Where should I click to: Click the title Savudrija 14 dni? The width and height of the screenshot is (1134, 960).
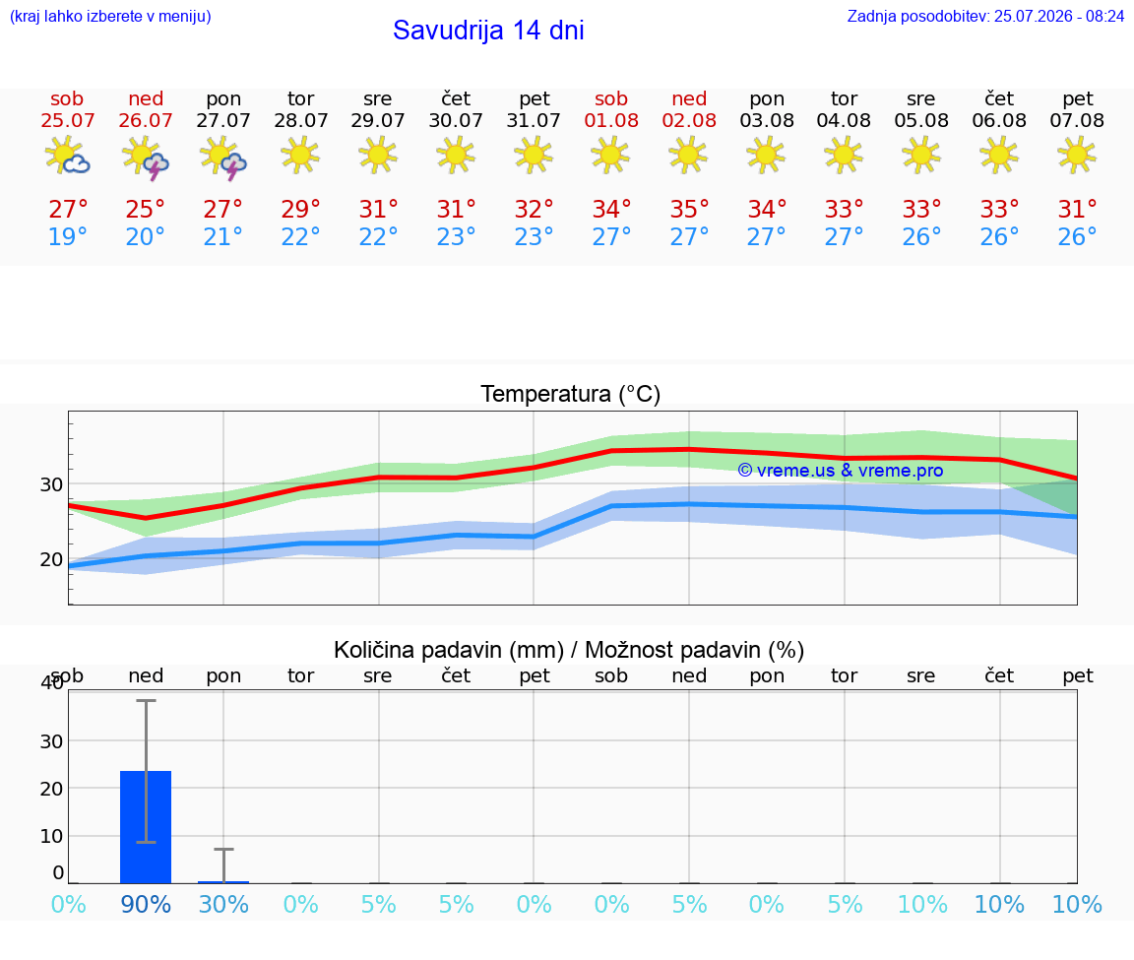488,31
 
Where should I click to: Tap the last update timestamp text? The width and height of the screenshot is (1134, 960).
985,16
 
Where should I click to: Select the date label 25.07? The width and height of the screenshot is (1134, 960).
67,120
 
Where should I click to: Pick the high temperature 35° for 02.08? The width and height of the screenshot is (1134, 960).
688,209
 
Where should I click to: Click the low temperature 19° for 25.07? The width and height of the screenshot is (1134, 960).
67,236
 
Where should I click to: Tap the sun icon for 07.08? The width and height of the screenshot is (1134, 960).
1077,156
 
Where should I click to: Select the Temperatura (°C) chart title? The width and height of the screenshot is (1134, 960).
571,394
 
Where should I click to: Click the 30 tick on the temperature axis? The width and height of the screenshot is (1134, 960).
51,484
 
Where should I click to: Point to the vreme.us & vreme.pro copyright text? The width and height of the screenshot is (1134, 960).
841,471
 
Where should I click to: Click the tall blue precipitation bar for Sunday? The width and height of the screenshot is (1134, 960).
146,827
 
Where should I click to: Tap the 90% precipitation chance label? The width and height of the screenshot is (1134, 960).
146,904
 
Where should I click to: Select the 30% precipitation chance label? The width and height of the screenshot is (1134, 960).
223,904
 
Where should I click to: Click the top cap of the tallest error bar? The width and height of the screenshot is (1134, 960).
146,700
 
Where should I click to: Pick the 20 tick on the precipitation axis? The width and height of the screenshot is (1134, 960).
51,788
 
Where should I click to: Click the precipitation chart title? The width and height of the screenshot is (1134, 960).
569,650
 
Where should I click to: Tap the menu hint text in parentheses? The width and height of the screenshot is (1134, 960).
110,16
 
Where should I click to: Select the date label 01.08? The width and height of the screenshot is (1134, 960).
611,120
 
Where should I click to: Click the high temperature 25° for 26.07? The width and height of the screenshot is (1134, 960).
146,209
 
